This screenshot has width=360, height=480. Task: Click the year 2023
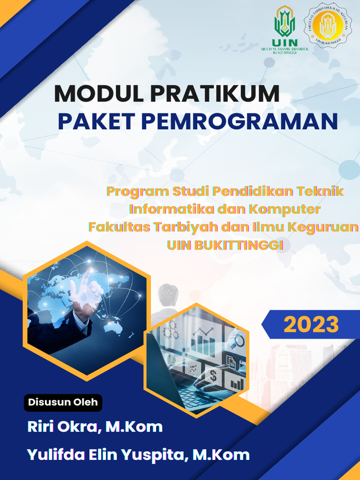[x=311, y=324]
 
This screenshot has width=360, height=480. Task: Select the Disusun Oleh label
[x=63, y=402]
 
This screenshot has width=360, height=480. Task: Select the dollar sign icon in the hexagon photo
[x=213, y=375]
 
